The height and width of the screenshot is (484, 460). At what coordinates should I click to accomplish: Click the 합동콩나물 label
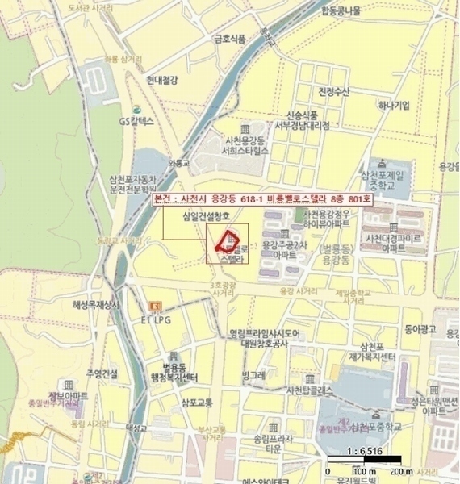coord(343,10)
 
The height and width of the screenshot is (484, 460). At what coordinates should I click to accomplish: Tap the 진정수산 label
coord(333,90)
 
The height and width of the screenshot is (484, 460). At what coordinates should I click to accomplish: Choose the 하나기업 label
coord(394,105)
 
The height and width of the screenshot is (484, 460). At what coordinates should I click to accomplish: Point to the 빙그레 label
coord(253,376)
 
